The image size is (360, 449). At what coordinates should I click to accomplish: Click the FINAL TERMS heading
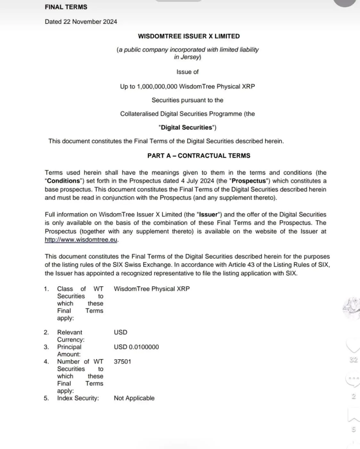(66, 7)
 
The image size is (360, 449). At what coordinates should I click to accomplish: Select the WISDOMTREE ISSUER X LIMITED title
(189, 36)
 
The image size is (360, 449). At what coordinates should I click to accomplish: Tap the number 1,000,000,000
(157, 87)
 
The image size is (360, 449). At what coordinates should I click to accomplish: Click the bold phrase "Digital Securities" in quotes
(187, 128)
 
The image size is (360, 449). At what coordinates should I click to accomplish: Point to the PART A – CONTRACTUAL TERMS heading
(199, 156)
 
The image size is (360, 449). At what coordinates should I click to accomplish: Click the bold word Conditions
(63, 181)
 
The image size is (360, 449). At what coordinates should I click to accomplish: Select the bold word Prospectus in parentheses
(249, 181)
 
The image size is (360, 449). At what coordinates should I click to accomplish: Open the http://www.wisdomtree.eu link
(81, 240)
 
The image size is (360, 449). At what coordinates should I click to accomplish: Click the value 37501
(122, 362)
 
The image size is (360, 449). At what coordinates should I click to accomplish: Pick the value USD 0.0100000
(136, 347)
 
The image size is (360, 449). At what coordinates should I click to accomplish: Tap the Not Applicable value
(134, 398)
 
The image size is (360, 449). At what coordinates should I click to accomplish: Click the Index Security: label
(78, 398)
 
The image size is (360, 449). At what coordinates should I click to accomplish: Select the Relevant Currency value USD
(120, 332)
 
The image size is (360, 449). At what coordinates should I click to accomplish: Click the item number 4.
(46, 362)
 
